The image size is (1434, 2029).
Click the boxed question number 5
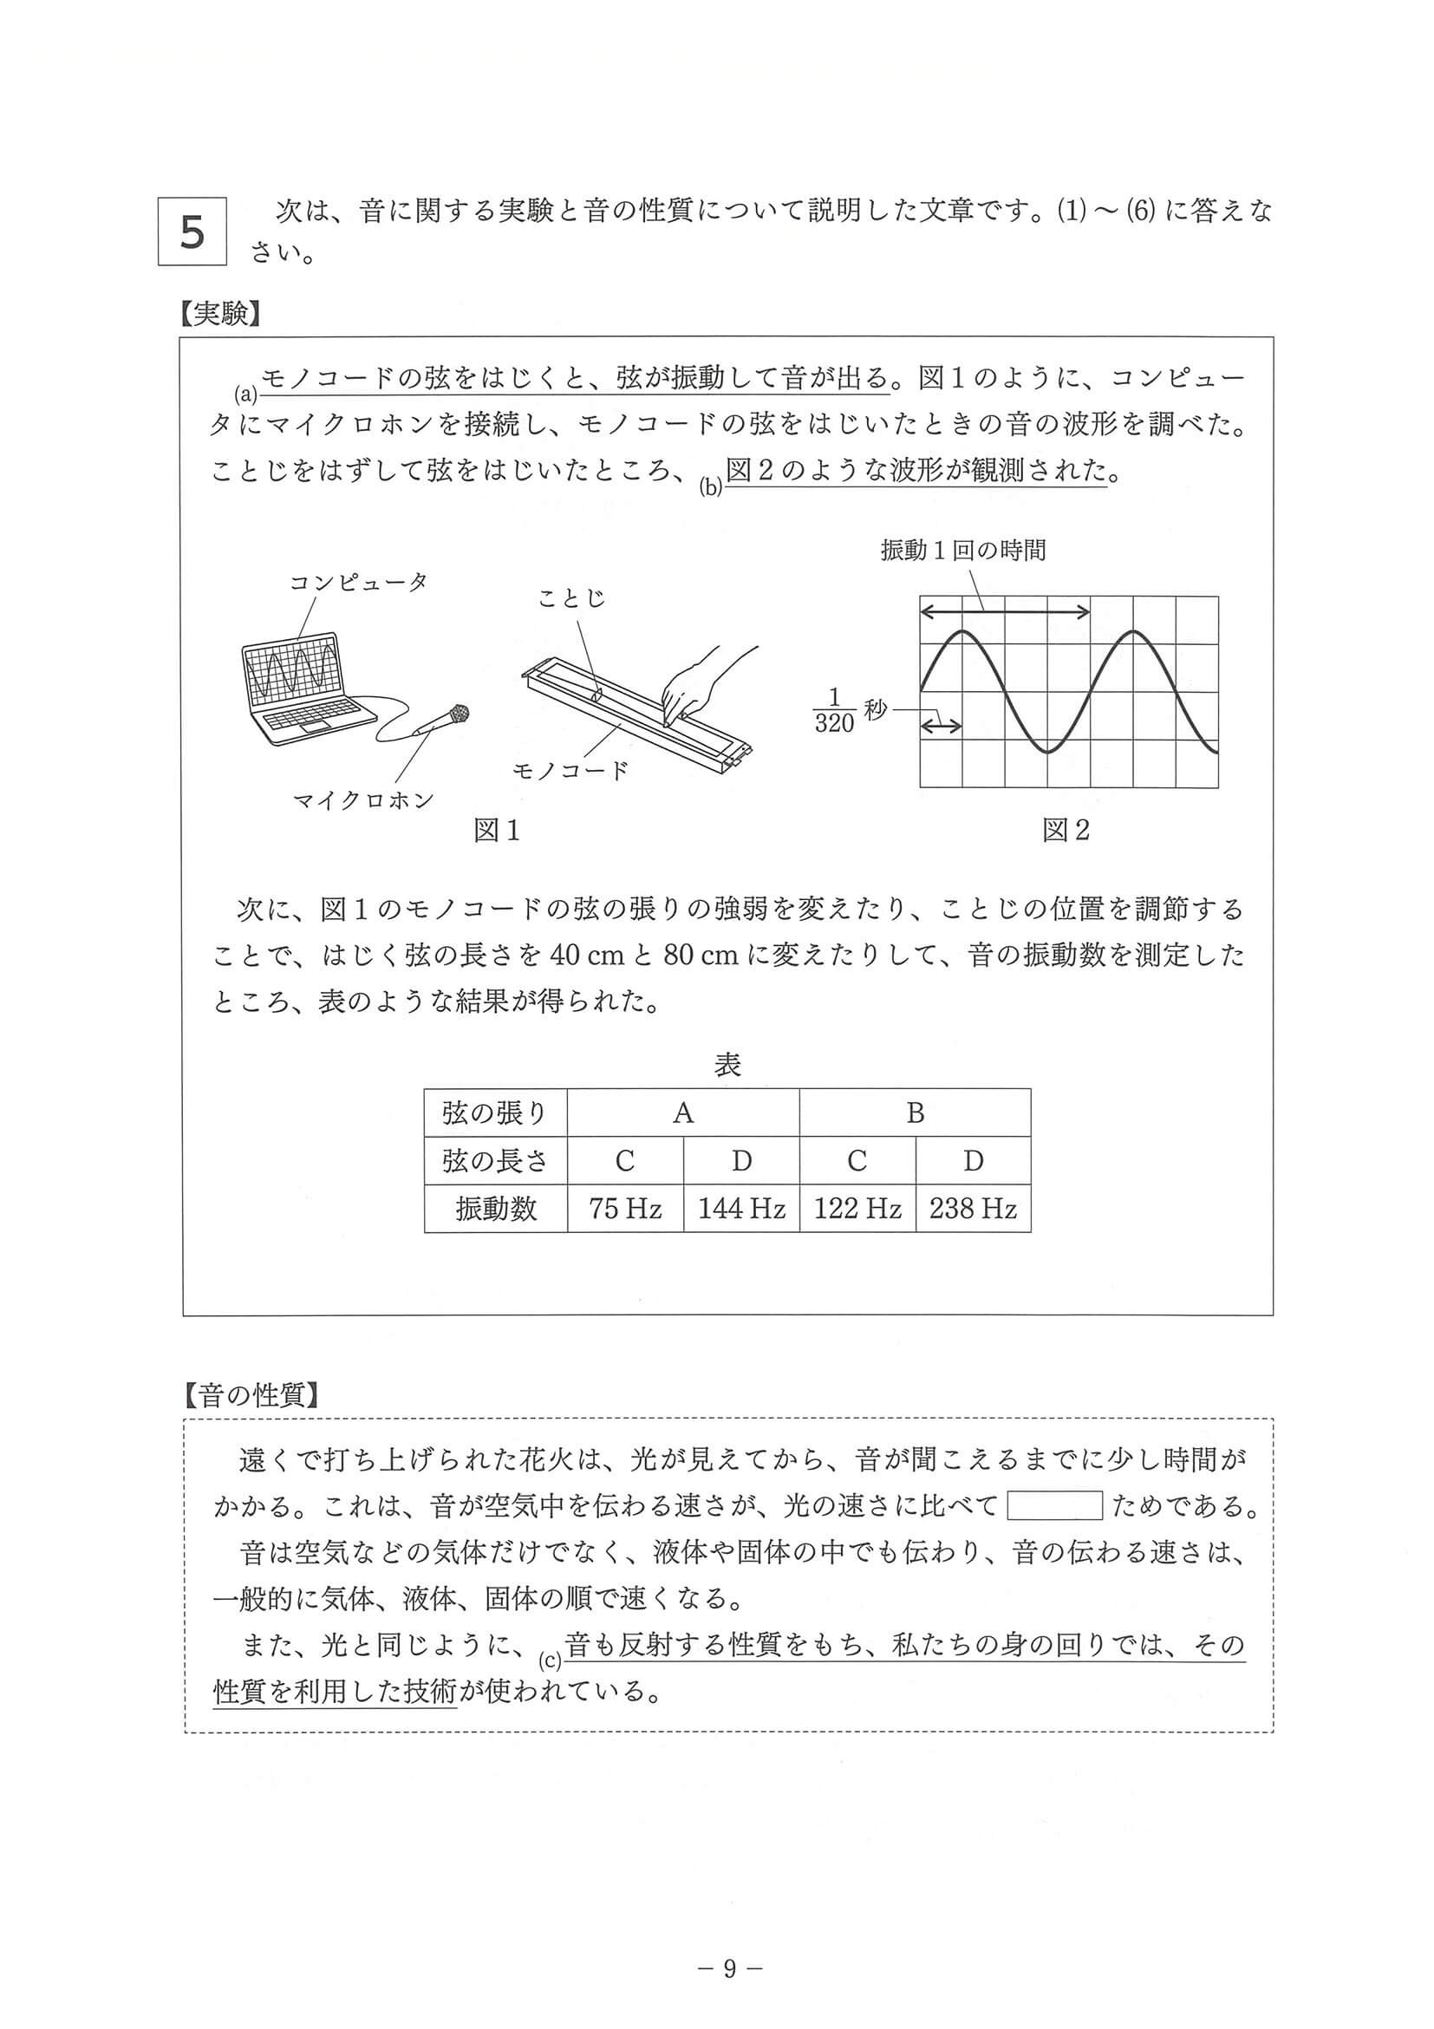tap(192, 231)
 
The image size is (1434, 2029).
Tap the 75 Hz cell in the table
tap(625, 1208)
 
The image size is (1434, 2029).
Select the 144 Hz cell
tap(741, 1208)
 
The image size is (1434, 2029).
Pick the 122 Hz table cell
tap(857, 1208)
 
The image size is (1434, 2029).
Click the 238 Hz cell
tap(973, 1208)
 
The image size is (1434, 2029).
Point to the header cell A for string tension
tap(683, 1112)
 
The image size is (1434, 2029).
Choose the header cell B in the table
tap(915, 1112)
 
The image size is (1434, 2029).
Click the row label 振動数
tap(496, 1208)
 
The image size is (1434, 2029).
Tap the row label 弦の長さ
tap(496, 1160)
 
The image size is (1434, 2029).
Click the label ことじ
tap(570, 598)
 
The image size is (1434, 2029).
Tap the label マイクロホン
tap(364, 800)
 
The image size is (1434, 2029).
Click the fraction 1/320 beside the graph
tap(834, 710)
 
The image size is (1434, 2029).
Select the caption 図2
tap(1066, 830)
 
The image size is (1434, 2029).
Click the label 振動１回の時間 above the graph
tap(963, 551)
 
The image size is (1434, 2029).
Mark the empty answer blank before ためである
tap(1055, 1505)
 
